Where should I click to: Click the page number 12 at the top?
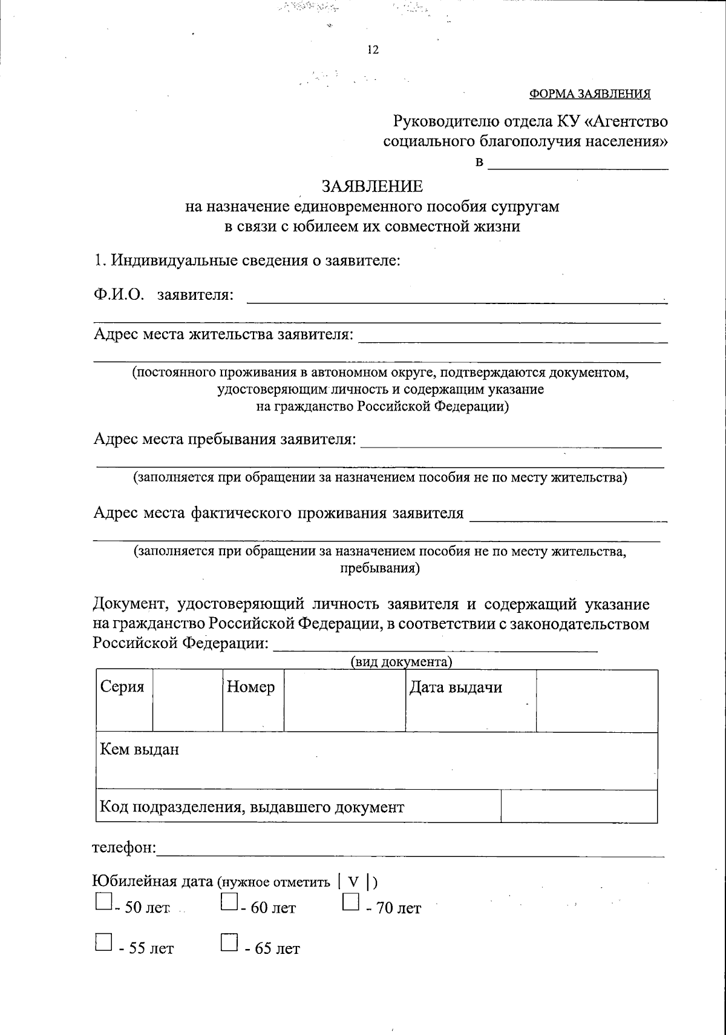tap(373, 50)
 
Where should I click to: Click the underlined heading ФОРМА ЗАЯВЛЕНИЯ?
tap(590, 94)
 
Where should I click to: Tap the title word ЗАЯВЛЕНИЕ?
tap(371, 186)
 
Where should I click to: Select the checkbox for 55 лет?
tap(103, 942)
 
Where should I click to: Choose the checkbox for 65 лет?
tap(229, 942)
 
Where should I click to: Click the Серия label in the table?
tap(122, 688)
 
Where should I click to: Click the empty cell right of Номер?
tap(344, 701)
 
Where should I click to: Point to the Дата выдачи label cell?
tap(456, 688)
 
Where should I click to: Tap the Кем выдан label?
tap(140, 750)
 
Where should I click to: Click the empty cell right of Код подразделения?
tap(579, 807)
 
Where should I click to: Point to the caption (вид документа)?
tap(402, 662)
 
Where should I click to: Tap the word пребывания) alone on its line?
tap(379, 569)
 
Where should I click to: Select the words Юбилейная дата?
tap(152, 881)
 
